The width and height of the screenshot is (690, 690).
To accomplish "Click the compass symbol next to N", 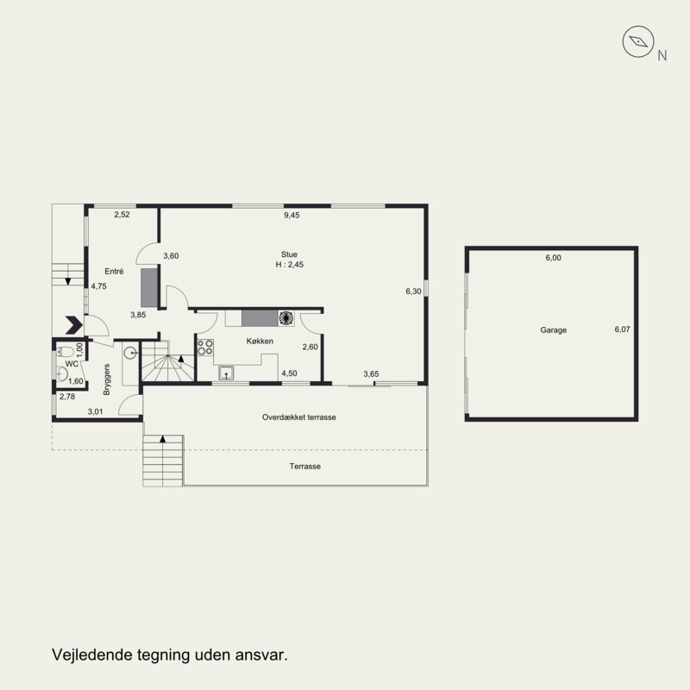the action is [638, 41].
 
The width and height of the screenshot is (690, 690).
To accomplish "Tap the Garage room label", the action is [553, 330].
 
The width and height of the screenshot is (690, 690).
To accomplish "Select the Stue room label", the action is [289, 254].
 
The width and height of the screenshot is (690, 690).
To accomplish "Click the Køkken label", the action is [260, 341].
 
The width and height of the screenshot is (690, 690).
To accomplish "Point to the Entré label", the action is [114, 272].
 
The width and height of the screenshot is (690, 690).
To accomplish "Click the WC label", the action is [72, 364].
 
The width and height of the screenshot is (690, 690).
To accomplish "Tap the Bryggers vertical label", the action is [106, 379].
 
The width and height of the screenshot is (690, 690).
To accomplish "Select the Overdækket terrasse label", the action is [298, 417].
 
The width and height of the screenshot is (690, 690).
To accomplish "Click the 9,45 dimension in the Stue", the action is [292, 215].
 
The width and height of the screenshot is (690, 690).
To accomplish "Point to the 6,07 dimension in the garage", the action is [622, 329].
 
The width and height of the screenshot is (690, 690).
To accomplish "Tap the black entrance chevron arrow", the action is [74, 325].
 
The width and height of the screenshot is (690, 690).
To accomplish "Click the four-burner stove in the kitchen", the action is [205, 348].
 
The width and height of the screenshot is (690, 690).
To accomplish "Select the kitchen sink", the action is [226, 373].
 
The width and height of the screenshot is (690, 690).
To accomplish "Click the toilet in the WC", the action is [66, 352].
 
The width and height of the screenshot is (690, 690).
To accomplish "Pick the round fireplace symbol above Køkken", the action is [286, 318].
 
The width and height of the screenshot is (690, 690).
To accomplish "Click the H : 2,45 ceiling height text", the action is [289, 265].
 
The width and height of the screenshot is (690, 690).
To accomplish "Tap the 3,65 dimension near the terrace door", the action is [371, 374].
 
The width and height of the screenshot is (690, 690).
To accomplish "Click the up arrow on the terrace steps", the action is [163, 439].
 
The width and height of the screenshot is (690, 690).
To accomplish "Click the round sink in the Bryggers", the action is [130, 353].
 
